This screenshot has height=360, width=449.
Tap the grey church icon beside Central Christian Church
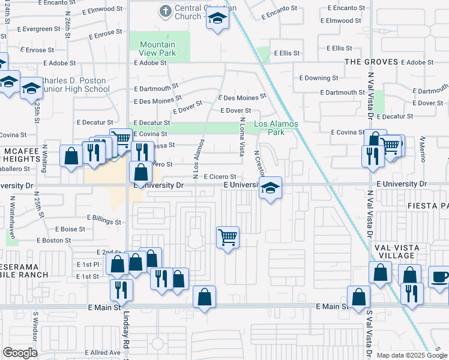click(165, 10)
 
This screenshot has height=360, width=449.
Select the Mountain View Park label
click(157, 49)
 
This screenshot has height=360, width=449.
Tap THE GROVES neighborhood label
click(371, 62)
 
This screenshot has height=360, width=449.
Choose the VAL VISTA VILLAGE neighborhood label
click(396, 251)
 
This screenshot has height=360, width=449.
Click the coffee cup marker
click(439, 278)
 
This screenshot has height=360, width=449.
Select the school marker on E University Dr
click(271, 189)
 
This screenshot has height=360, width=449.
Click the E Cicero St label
click(223, 177)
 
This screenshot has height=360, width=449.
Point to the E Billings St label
click(103, 220)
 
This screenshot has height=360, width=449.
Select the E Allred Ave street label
click(103, 352)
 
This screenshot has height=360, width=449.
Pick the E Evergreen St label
click(31, 28)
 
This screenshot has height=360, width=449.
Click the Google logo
click(20, 353)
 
